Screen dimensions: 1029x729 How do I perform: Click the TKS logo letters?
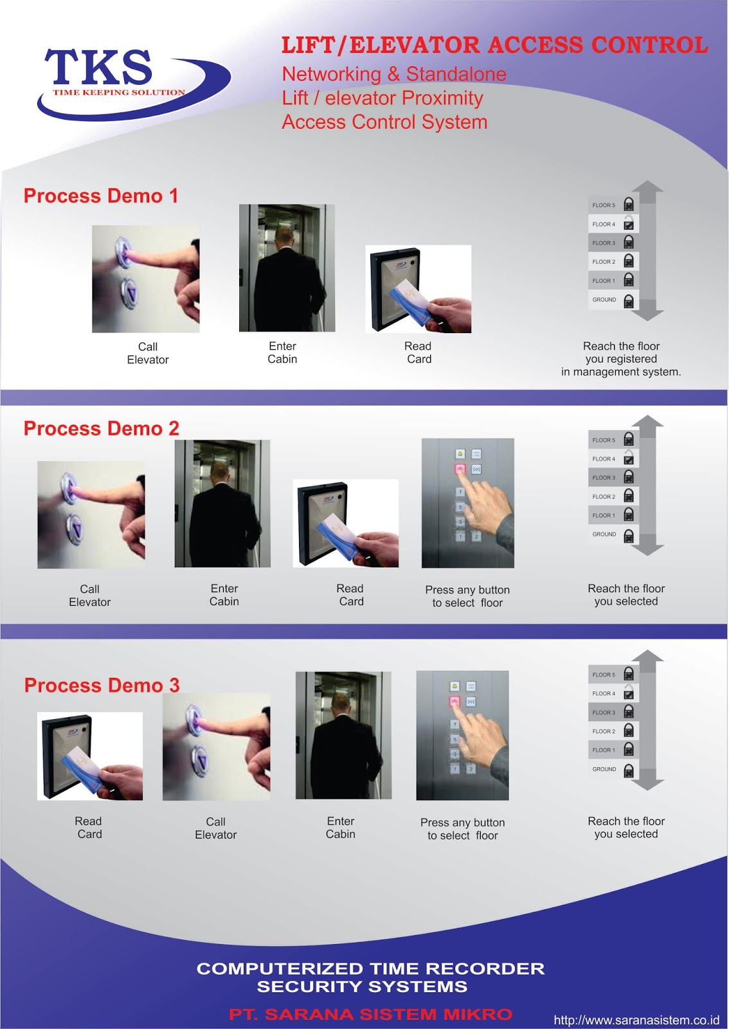tap(98, 68)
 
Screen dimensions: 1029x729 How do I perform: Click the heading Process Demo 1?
tap(101, 196)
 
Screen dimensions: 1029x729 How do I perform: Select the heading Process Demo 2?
tap(101, 429)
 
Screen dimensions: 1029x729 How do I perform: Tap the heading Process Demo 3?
tap(102, 686)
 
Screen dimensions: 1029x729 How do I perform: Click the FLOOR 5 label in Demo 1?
tap(604, 205)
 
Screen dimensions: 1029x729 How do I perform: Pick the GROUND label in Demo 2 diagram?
tap(604, 534)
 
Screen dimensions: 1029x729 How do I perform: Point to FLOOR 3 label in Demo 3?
tap(604, 713)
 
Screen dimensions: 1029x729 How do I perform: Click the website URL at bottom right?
tap(636, 1020)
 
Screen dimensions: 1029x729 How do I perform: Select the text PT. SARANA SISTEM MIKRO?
tap(370, 1015)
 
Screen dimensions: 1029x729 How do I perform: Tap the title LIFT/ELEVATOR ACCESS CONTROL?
tap(494, 45)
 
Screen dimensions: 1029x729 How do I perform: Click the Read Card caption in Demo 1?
tap(419, 352)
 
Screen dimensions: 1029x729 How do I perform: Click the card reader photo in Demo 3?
tap(90, 756)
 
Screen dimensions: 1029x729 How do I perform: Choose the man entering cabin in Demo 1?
tap(287, 268)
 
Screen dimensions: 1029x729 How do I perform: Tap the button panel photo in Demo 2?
tap(467, 503)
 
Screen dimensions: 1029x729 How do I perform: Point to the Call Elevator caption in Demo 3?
tap(216, 828)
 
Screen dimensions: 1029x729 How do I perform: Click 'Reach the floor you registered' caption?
tap(621, 359)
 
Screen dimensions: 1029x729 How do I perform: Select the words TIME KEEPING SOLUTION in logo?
tap(119, 93)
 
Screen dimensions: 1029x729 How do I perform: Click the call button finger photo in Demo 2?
tap(91, 514)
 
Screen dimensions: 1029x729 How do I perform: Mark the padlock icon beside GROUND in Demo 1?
tap(629, 300)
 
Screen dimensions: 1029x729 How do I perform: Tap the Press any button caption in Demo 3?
tap(462, 829)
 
